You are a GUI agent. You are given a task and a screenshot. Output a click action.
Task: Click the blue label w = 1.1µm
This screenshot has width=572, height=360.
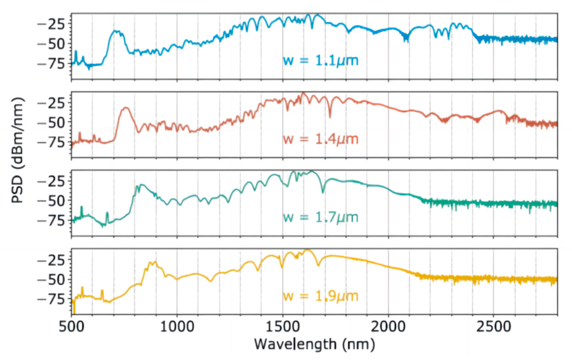point(321,60)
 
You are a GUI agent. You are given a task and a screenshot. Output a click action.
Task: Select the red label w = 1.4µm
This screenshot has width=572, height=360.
point(321,139)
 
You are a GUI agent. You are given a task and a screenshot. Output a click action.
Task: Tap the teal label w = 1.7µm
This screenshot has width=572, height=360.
point(321,217)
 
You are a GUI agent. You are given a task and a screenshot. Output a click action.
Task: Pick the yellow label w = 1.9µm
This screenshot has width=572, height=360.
point(321,296)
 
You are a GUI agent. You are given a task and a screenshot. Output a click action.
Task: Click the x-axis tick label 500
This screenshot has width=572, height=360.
point(71,326)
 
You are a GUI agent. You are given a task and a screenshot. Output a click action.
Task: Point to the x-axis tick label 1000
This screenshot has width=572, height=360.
point(177,326)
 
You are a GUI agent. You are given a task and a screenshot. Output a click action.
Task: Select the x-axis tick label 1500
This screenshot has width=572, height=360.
point(283,326)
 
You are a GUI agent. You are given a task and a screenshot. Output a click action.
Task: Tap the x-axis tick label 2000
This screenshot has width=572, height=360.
point(388,326)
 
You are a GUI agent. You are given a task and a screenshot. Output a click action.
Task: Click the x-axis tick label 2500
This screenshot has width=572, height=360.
point(494,326)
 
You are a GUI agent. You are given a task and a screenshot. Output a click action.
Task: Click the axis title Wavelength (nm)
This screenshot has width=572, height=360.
point(314,344)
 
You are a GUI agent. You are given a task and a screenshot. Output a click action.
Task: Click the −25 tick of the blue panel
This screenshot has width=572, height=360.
point(51,24)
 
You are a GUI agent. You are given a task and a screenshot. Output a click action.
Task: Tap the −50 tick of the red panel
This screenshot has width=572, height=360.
point(51,123)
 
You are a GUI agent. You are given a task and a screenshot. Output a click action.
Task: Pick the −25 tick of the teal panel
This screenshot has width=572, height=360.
point(51,181)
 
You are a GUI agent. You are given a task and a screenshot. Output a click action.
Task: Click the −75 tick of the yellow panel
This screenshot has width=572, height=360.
point(51,299)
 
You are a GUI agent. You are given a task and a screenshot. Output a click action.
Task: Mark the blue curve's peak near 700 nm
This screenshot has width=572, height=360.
point(115,31)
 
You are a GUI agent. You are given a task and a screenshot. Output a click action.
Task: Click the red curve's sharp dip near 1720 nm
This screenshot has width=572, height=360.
point(330,117)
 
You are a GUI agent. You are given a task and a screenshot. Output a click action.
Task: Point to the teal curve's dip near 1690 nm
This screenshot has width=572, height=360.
point(323,192)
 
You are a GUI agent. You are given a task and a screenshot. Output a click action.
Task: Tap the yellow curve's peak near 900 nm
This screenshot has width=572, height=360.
point(155,262)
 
